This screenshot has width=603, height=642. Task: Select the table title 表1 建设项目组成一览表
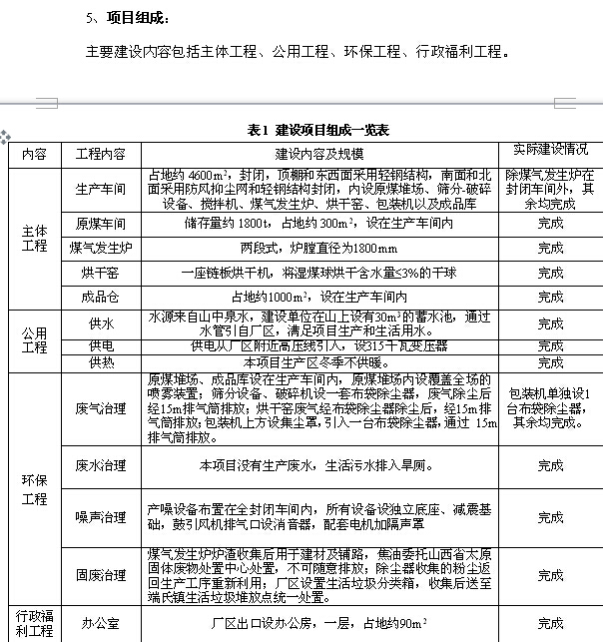click(x=318, y=131)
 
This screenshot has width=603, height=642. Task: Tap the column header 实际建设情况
click(x=550, y=150)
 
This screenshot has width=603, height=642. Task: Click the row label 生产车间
click(x=100, y=188)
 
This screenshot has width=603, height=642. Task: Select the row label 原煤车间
click(x=100, y=223)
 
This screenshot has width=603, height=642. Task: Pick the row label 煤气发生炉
click(x=100, y=247)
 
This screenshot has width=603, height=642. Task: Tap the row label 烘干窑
click(x=100, y=272)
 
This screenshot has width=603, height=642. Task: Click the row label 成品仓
click(x=100, y=297)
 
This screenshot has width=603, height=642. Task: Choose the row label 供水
click(x=100, y=323)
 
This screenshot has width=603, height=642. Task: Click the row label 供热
click(x=100, y=362)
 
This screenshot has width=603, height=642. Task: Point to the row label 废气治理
click(x=100, y=408)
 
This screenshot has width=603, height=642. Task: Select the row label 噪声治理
click(x=100, y=517)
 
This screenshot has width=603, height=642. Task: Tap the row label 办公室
click(x=100, y=623)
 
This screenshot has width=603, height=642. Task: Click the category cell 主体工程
click(x=34, y=238)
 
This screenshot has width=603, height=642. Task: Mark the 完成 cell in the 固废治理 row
click(x=550, y=575)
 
